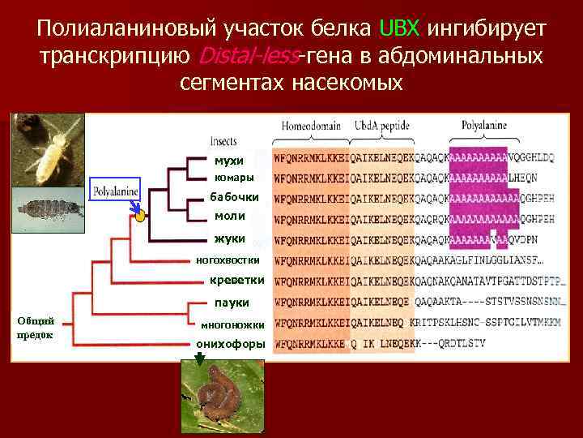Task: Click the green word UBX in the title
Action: pos(398,29)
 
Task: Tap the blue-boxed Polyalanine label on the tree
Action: pos(116,192)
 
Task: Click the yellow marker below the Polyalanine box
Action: pos(139,215)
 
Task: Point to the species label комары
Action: pos(233,178)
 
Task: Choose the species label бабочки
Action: pos(234,197)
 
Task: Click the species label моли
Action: pos(229,217)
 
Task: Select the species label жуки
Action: pos(230,239)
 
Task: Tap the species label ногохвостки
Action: pos(228,260)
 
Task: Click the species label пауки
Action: pos(232,303)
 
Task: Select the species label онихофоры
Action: pos(231,344)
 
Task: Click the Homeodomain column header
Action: pos(311,126)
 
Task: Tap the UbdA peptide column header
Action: pos(381,126)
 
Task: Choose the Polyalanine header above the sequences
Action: pos(483,126)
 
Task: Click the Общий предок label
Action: pos(34,327)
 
